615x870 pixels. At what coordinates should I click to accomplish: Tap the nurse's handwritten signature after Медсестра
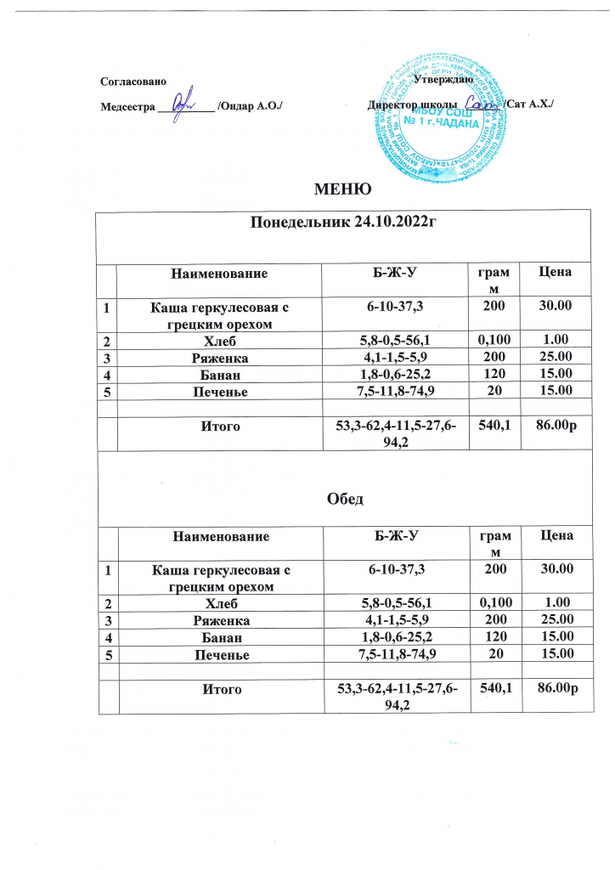(182, 106)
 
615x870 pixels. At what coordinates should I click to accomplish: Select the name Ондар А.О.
(251, 106)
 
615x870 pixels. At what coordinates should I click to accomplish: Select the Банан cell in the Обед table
(221, 636)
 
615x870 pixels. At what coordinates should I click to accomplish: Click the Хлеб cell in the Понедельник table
(221, 340)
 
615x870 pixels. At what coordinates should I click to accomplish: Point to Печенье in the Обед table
(221, 652)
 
